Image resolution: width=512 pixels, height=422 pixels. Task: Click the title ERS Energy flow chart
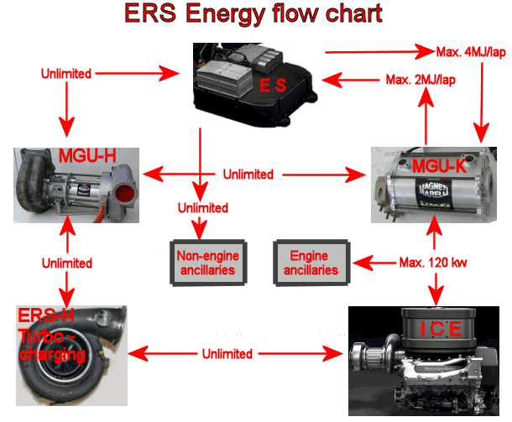pyautogui.click(x=253, y=13)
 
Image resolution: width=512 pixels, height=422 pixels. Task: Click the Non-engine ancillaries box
pyautogui.click(x=205, y=263)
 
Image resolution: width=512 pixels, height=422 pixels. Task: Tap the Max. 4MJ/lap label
pyautogui.click(x=473, y=53)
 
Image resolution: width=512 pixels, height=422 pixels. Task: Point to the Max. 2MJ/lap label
pyautogui.click(x=420, y=81)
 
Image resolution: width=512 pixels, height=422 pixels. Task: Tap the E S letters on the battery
pyautogui.click(x=274, y=85)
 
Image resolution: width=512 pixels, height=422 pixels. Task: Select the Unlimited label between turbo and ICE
pyautogui.click(x=227, y=353)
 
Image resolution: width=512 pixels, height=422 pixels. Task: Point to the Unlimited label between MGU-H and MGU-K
pyautogui.click(x=248, y=175)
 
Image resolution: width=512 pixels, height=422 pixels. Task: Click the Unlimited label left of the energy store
pyautogui.click(x=66, y=74)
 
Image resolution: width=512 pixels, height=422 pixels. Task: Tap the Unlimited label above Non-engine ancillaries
pyautogui.click(x=201, y=207)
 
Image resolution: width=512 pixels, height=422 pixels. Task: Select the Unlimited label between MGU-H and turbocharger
pyautogui.click(x=65, y=262)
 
